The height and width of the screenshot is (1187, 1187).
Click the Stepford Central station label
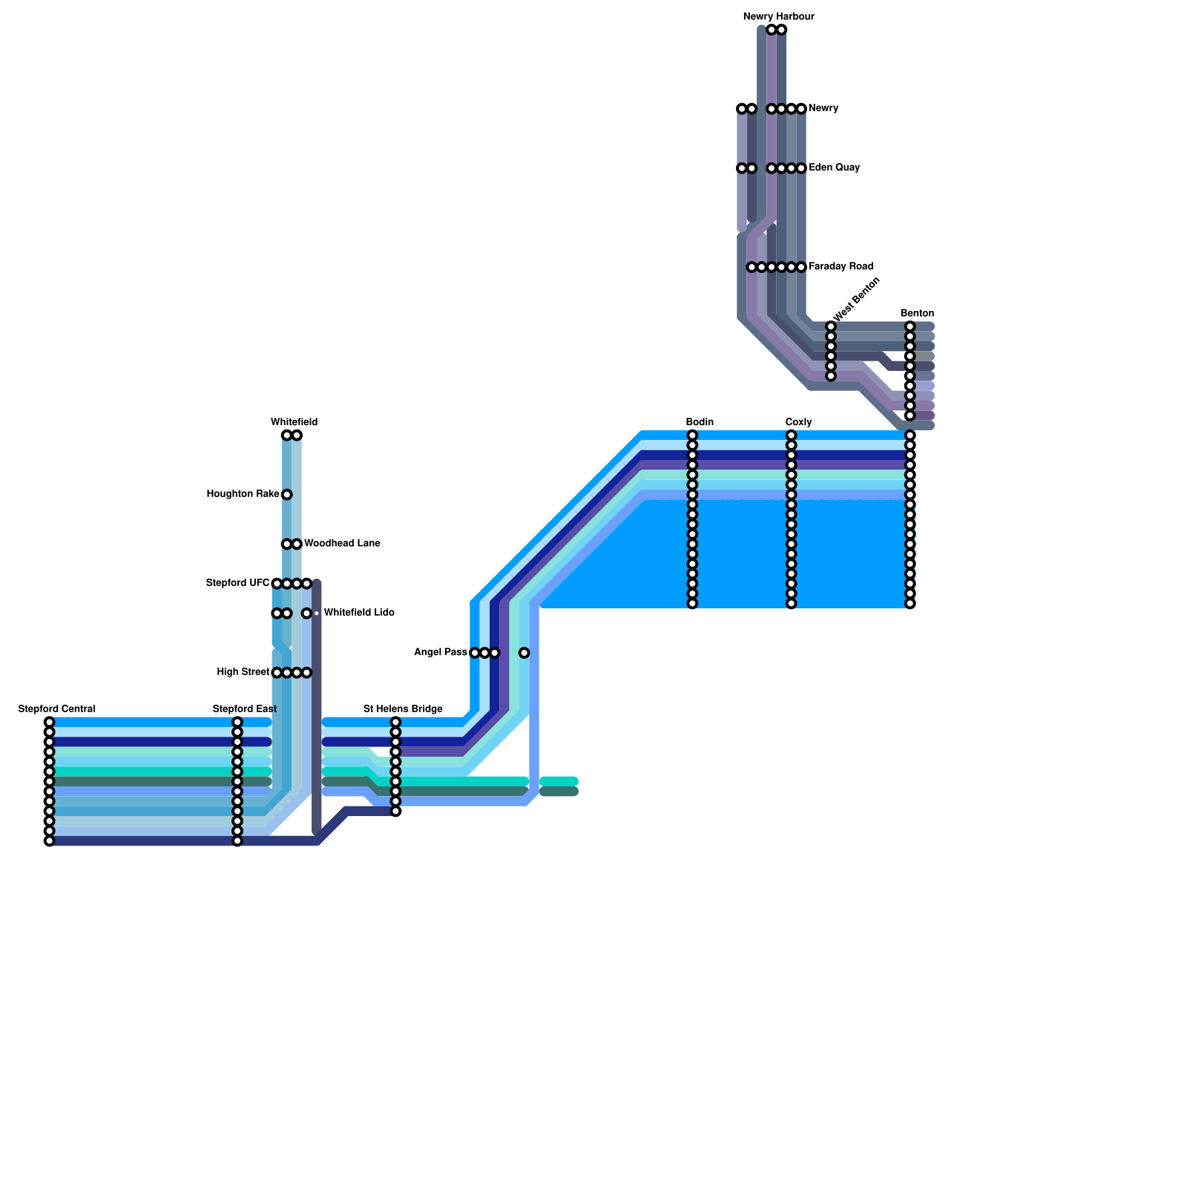click(57, 709)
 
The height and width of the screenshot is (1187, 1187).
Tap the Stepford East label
click(245, 709)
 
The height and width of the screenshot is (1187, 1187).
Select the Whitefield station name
click(294, 422)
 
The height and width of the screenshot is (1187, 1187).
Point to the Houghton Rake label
click(243, 494)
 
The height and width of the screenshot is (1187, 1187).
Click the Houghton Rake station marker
click(286, 495)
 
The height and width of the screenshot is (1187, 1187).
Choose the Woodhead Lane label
click(342, 544)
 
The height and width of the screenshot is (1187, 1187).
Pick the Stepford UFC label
click(237, 583)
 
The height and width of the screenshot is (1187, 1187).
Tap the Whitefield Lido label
click(359, 613)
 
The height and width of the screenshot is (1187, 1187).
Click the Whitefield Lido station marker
click(306, 614)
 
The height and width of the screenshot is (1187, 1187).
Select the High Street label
click(243, 672)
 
